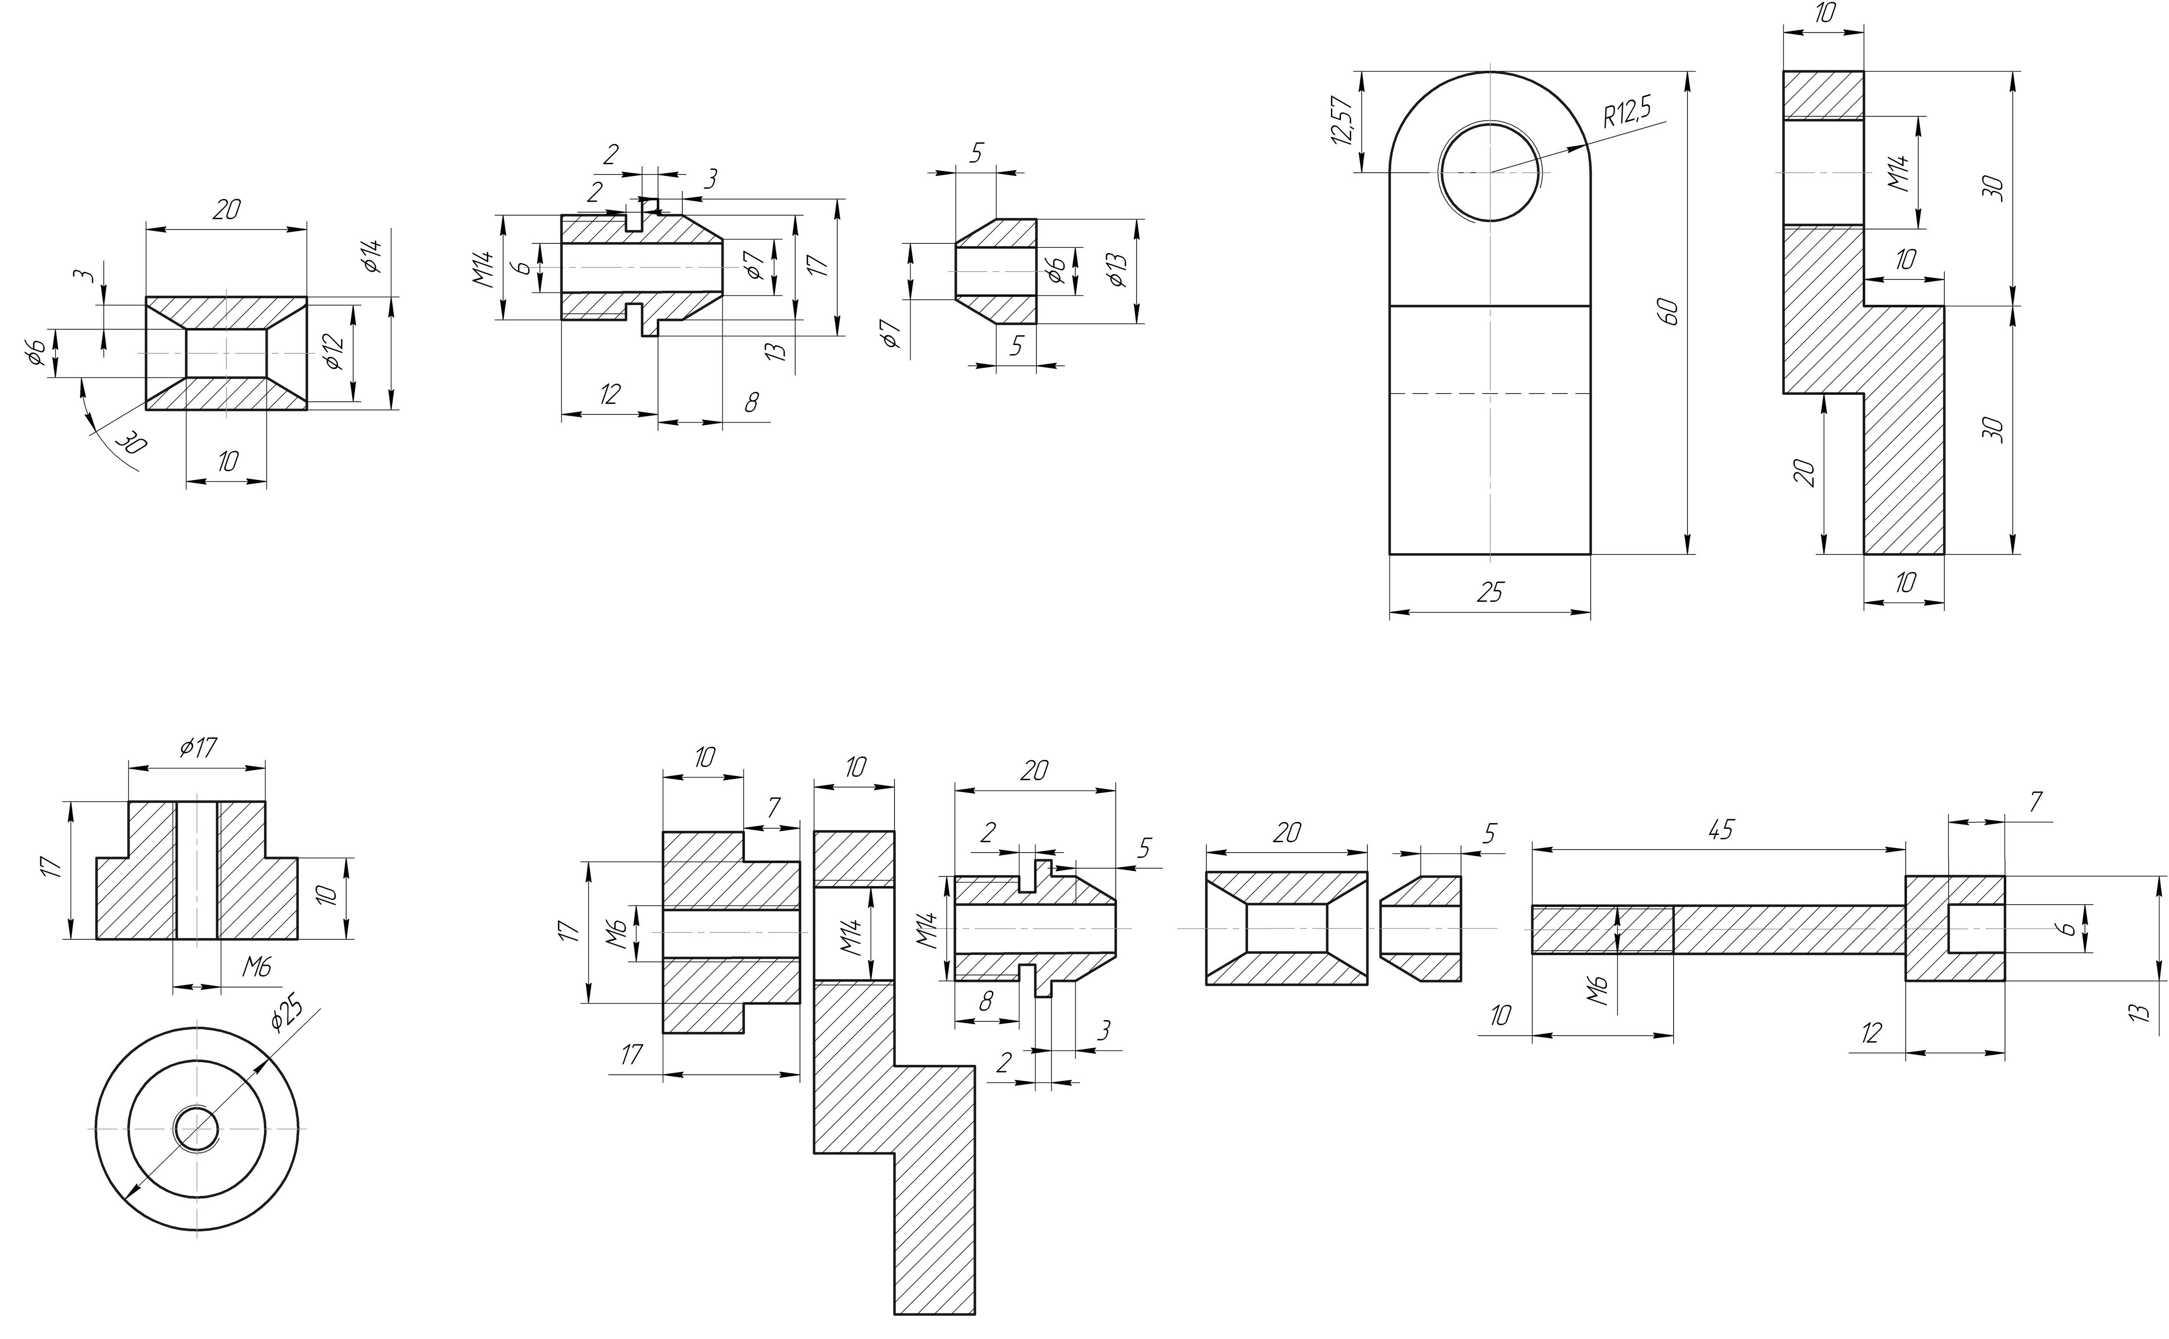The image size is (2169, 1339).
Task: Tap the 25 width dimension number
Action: (1490, 591)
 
